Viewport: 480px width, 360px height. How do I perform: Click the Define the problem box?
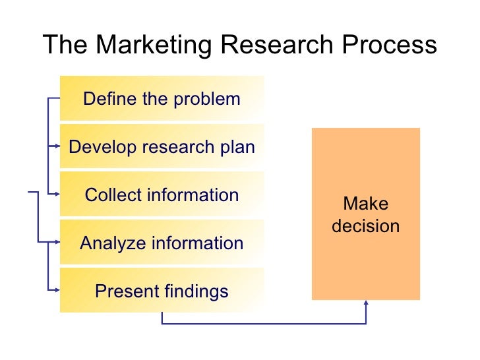[x=162, y=99]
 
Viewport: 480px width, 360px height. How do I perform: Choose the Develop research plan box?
[x=162, y=146]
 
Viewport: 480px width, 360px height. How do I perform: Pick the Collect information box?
[x=162, y=195]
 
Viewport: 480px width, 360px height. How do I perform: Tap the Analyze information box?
[x=162, y=243]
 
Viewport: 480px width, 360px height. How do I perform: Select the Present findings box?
[x=162, y=291]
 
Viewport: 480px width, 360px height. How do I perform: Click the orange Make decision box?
[x=365, y=214]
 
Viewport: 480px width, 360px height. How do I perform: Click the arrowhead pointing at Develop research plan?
[x=57, y=146]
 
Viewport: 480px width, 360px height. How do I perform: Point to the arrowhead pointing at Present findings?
[x=57, y=290]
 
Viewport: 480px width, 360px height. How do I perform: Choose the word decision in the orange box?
[x=365, y=226]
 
